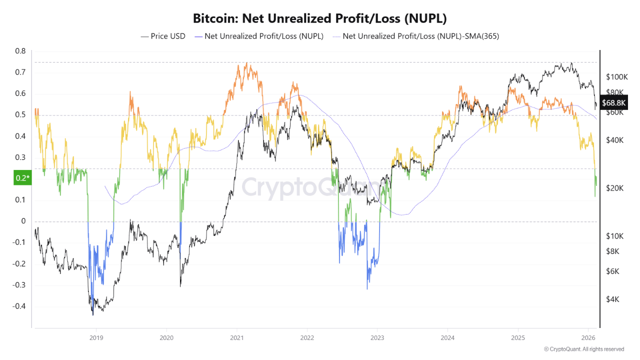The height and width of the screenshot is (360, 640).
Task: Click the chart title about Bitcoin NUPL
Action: (x=320, y=18)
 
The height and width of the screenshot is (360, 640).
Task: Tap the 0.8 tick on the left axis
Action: (x=20, y=51)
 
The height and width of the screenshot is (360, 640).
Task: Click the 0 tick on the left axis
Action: (x=23, y=221)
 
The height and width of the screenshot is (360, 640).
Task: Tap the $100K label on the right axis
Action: (x=616, y=77)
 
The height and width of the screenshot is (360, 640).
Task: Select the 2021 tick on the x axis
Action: (x=236, y=337)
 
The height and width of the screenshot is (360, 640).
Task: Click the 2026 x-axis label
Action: (x=588, y=337)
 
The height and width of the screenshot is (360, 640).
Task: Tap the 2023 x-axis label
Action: (x=377, y=337)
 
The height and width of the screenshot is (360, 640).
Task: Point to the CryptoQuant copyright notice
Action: (x=583, y=349)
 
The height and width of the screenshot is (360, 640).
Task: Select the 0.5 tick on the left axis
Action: (x=20, y=115)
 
